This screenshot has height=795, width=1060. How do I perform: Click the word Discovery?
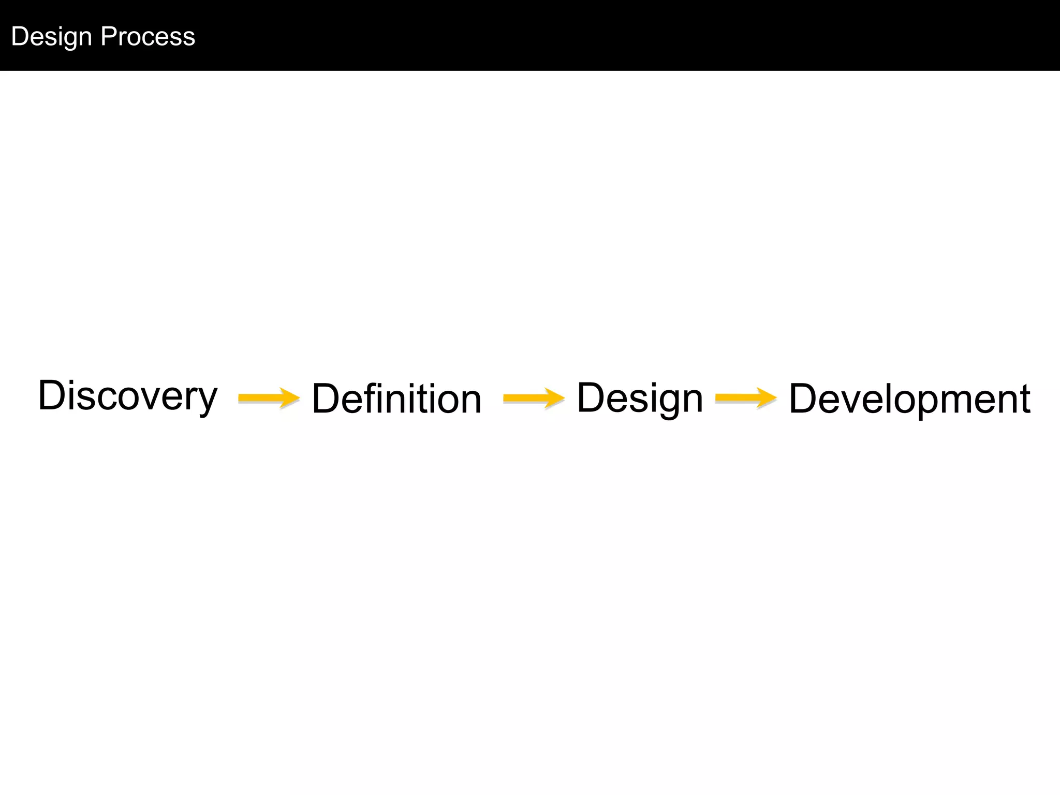127,396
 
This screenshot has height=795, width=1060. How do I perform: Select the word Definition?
396,399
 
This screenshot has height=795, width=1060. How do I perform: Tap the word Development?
909,399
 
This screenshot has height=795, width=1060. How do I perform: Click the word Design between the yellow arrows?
640,397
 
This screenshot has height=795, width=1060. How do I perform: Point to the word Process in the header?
148,36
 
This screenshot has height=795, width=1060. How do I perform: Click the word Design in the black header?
51,37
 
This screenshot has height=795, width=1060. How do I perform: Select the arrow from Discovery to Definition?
269,397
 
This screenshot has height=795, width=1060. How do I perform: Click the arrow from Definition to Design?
534,397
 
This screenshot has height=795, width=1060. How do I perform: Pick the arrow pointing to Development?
746,397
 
